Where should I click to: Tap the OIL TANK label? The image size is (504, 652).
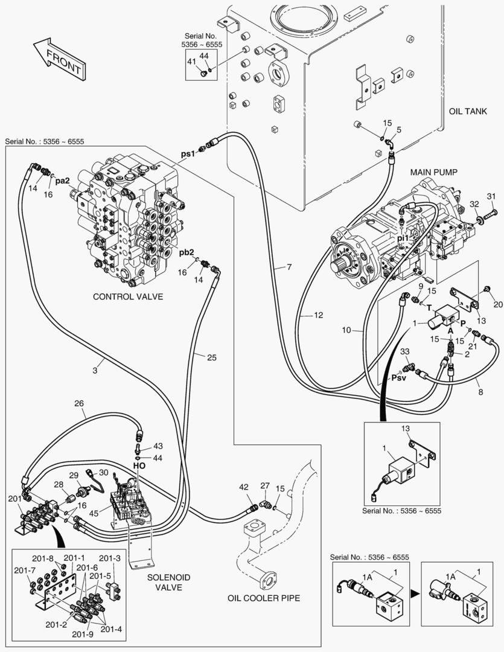468,113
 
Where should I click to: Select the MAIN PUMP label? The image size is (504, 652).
434,173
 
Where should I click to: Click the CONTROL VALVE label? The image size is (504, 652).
128,297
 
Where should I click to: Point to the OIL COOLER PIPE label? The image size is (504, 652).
264,598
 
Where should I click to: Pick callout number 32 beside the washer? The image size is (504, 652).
474,203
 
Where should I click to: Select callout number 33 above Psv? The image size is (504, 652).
404,352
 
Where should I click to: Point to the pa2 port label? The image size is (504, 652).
63,181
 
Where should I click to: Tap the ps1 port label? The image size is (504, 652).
188,153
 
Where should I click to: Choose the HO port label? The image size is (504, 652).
139,467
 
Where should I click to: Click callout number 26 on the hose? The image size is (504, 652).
78,404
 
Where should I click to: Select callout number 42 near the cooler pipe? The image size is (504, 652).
244,487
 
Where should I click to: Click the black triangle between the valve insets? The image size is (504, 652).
414,593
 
